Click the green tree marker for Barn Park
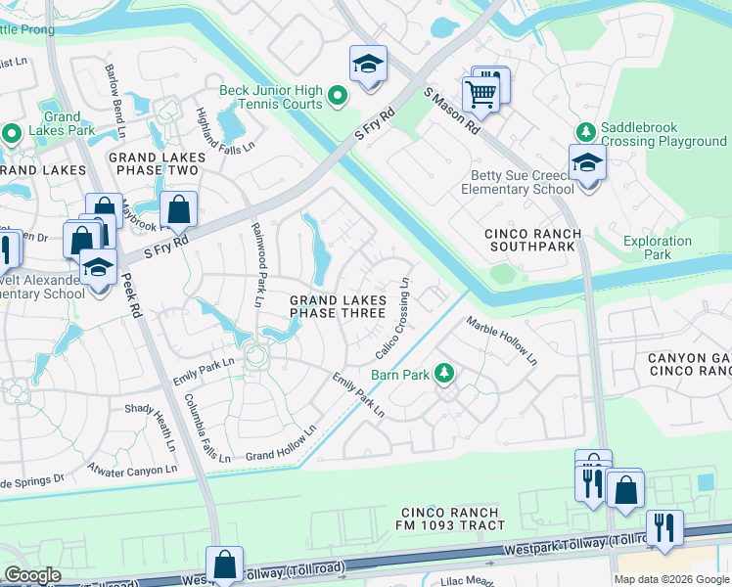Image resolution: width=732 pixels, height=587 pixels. (444, 373)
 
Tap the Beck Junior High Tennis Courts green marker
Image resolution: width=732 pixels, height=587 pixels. (338, 96)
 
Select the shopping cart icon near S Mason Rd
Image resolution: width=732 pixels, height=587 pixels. (480, 94)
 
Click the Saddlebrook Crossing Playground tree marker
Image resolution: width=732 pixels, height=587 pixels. (585, 131)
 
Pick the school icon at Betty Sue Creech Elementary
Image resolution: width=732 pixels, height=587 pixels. (587, 163)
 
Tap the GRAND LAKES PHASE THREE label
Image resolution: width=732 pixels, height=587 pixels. (338, 306)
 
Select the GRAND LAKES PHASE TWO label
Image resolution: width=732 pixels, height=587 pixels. (157, 163)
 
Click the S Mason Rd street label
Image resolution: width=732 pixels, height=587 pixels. (451, 111)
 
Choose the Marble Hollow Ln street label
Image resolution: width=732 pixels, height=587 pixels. (501, 339)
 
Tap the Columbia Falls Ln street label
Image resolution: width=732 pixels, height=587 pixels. (207, 428)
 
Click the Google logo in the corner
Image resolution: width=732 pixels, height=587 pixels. (32, 575)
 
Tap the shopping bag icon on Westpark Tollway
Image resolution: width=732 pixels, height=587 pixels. (225, 564)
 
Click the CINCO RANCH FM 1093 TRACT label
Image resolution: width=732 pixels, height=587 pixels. (453, 519)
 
